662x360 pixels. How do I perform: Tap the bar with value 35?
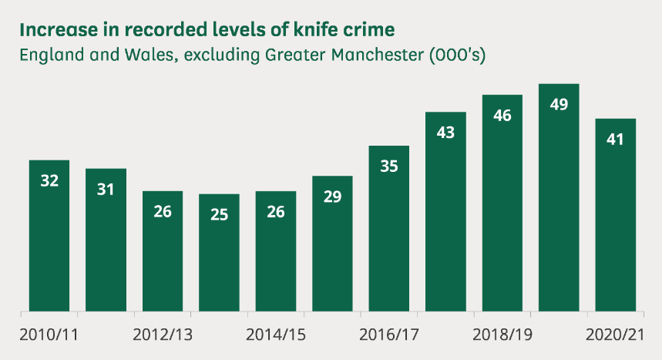click(x=388, y=231)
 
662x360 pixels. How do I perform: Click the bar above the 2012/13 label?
click(x=163, y=254)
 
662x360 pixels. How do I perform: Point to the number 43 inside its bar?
click(x=445, y=132)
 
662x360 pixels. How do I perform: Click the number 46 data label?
click(x=502, y=116)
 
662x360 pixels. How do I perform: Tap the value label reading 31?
click(x=106, y=189)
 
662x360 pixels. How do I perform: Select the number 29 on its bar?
click(x=332, y=197)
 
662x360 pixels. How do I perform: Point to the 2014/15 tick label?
click(x=276, y=335)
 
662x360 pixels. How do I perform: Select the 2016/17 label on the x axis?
click(x=389, y=335)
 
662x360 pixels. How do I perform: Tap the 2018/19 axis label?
click(x=502, y=335)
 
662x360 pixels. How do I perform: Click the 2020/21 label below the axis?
click(x=614, y=335)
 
